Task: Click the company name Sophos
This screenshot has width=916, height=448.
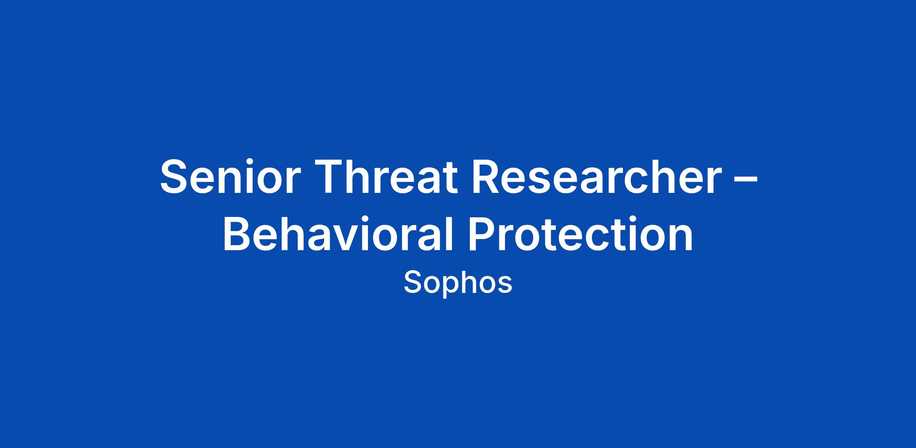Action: [458, 283]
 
